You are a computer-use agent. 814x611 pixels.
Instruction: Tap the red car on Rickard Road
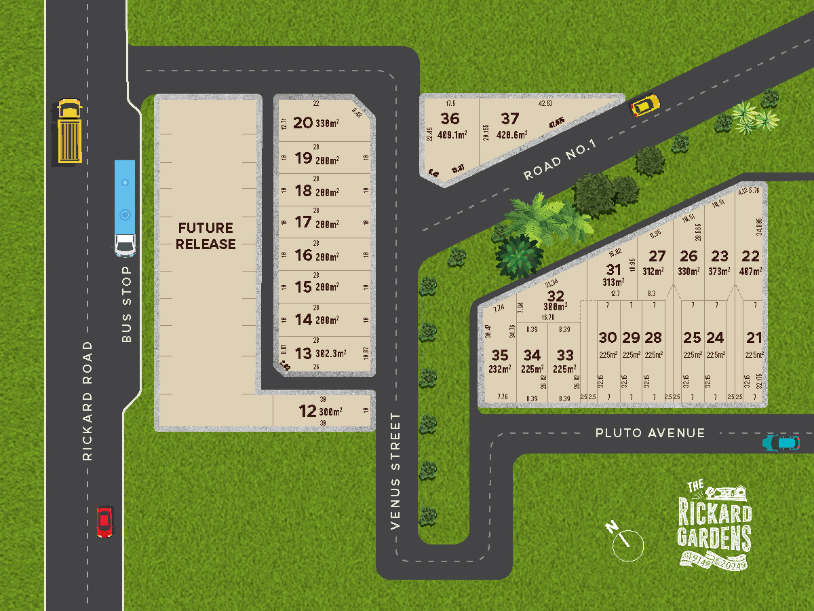pyautogui.click(x=104, y=521)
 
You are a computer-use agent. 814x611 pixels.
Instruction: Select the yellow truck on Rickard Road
pyautogui.click(x=69, y=132)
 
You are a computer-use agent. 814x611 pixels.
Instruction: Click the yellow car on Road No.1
pyautogui.click(x=644, y=105)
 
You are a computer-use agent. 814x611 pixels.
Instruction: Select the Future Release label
pyautogui.click(x=206, y=236)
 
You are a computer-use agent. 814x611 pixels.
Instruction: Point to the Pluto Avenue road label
pyautogui.click(x=650, y=432)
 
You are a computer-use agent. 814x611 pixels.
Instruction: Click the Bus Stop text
pyautogui.click(x=127, y=304)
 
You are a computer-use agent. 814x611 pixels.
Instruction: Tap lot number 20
pyautogui.click(x=303, y=123)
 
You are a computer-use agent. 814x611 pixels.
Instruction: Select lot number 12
pyautogui.click(x=307, y=411)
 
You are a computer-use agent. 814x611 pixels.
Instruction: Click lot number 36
pyautogui.click(x=450, y=119)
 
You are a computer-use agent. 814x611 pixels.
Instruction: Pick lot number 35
pyautogui.click(x=499, y=355)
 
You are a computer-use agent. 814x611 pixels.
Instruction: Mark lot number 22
pyautogui.click(x=750, y=256)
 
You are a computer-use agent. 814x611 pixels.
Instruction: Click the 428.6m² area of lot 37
pyautogui.click(x=511, y=135)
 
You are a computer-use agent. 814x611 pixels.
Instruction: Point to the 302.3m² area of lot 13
pyautogui.click(x=330, y=354)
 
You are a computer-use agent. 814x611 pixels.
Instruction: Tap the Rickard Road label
pyautogui.click(x=87, y=401)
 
